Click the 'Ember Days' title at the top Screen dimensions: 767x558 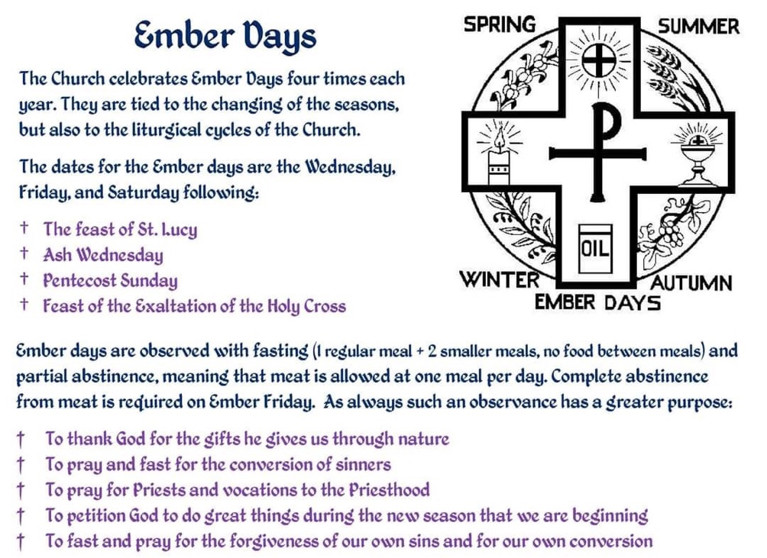(x=225, y=36)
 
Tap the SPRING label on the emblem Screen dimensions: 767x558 (x=500, y=24)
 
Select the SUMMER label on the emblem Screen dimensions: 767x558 (x=698, y=27)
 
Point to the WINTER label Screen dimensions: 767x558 (x=500, y=280)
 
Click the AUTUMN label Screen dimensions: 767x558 (x=691, y=283)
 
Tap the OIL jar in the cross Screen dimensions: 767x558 (x=595, y=249)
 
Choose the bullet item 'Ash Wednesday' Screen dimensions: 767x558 (x=102, y=255)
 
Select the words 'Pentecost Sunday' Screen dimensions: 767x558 (x=110, y=280)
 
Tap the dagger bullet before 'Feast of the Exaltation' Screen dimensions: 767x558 (x=24, y=305)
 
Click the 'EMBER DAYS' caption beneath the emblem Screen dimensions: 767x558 (x=597, y=302)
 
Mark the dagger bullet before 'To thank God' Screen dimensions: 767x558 (x=21, y=439)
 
